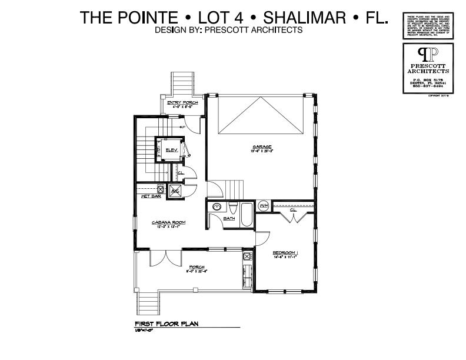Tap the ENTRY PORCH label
tap(182, 103)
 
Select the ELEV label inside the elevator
tap(171, 150)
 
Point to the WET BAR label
tap(151, 196)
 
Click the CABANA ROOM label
tap(169, 222)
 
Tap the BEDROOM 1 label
tap(288, 252)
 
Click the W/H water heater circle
tap(264, 205)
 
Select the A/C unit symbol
tap(175, 190)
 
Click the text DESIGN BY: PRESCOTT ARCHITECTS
tap(229, 29)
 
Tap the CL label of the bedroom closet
tap(292, 209)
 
